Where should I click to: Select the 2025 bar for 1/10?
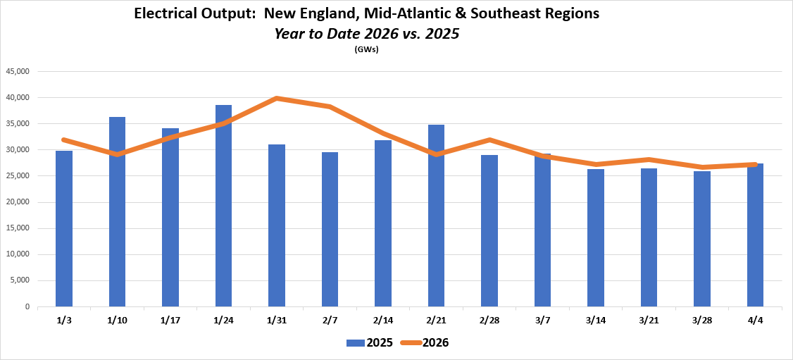[117, 211]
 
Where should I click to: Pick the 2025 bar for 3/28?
[701, 239]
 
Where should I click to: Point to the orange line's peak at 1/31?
[277, 98]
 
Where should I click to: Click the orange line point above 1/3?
[64, 139]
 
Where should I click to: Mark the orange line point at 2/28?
[489, 139]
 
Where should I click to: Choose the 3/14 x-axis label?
[595, 321]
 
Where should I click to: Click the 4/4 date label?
[755, 321]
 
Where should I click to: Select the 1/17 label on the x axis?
[170, 321]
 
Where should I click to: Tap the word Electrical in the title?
[166, 14]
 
